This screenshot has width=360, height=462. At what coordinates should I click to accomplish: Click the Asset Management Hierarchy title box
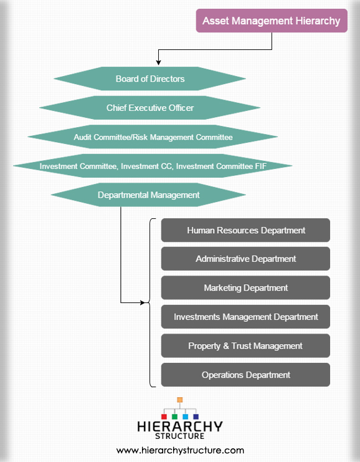[272, 21]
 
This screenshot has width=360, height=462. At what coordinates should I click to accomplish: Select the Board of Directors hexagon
[150, 79]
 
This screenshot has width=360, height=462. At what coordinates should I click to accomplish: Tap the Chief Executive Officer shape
[150, 108]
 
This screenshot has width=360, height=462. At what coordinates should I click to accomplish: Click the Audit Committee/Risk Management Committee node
[153, 137]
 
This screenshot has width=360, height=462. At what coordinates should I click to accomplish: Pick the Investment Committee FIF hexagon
[153, 166]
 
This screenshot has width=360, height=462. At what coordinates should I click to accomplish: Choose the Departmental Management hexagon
[148, 195]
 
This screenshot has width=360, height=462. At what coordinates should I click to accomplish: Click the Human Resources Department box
[245, 230]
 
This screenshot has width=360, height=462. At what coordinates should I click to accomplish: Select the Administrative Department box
[245, 259]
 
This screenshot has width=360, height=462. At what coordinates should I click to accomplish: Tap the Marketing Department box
[245, 287]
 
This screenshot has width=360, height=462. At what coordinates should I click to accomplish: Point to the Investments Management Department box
[245, 317]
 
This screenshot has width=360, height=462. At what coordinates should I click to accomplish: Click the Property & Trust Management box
[245, 345]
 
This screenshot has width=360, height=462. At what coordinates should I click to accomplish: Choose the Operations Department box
[245, 375]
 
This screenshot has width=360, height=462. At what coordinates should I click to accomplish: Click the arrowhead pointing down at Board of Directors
[158, 62]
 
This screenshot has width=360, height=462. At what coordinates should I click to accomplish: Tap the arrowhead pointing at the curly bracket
[143, 302]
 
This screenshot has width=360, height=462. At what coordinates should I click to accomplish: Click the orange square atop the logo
[180, 400]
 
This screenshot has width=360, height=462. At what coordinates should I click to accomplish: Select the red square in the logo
[164, 416]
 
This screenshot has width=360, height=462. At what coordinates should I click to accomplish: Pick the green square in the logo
[174, 416]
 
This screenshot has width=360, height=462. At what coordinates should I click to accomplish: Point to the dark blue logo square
[196, 416]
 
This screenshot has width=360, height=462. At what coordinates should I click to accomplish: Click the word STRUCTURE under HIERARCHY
[179, 436]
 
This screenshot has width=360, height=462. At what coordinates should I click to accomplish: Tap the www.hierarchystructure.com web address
[180, 451]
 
